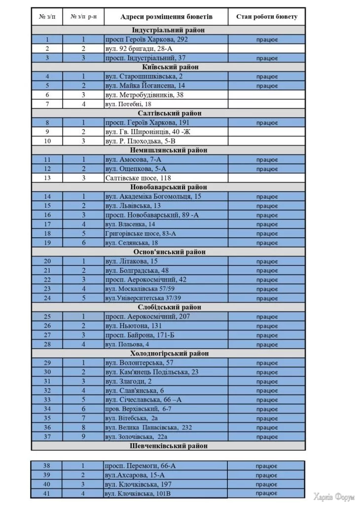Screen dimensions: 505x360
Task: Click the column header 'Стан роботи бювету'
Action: pos(267,17)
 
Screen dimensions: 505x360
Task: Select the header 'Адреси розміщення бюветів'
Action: pos(166,17)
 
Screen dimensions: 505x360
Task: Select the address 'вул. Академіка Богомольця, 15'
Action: pos(153,196)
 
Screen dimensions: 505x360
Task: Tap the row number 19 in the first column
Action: pos(47,243)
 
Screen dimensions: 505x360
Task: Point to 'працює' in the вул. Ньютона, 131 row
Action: pos(267,326)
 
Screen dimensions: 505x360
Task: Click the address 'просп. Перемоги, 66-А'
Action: pos(141,466)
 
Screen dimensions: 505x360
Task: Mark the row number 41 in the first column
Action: pos(47,493)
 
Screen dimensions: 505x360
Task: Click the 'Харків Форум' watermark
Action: pos(334,496)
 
